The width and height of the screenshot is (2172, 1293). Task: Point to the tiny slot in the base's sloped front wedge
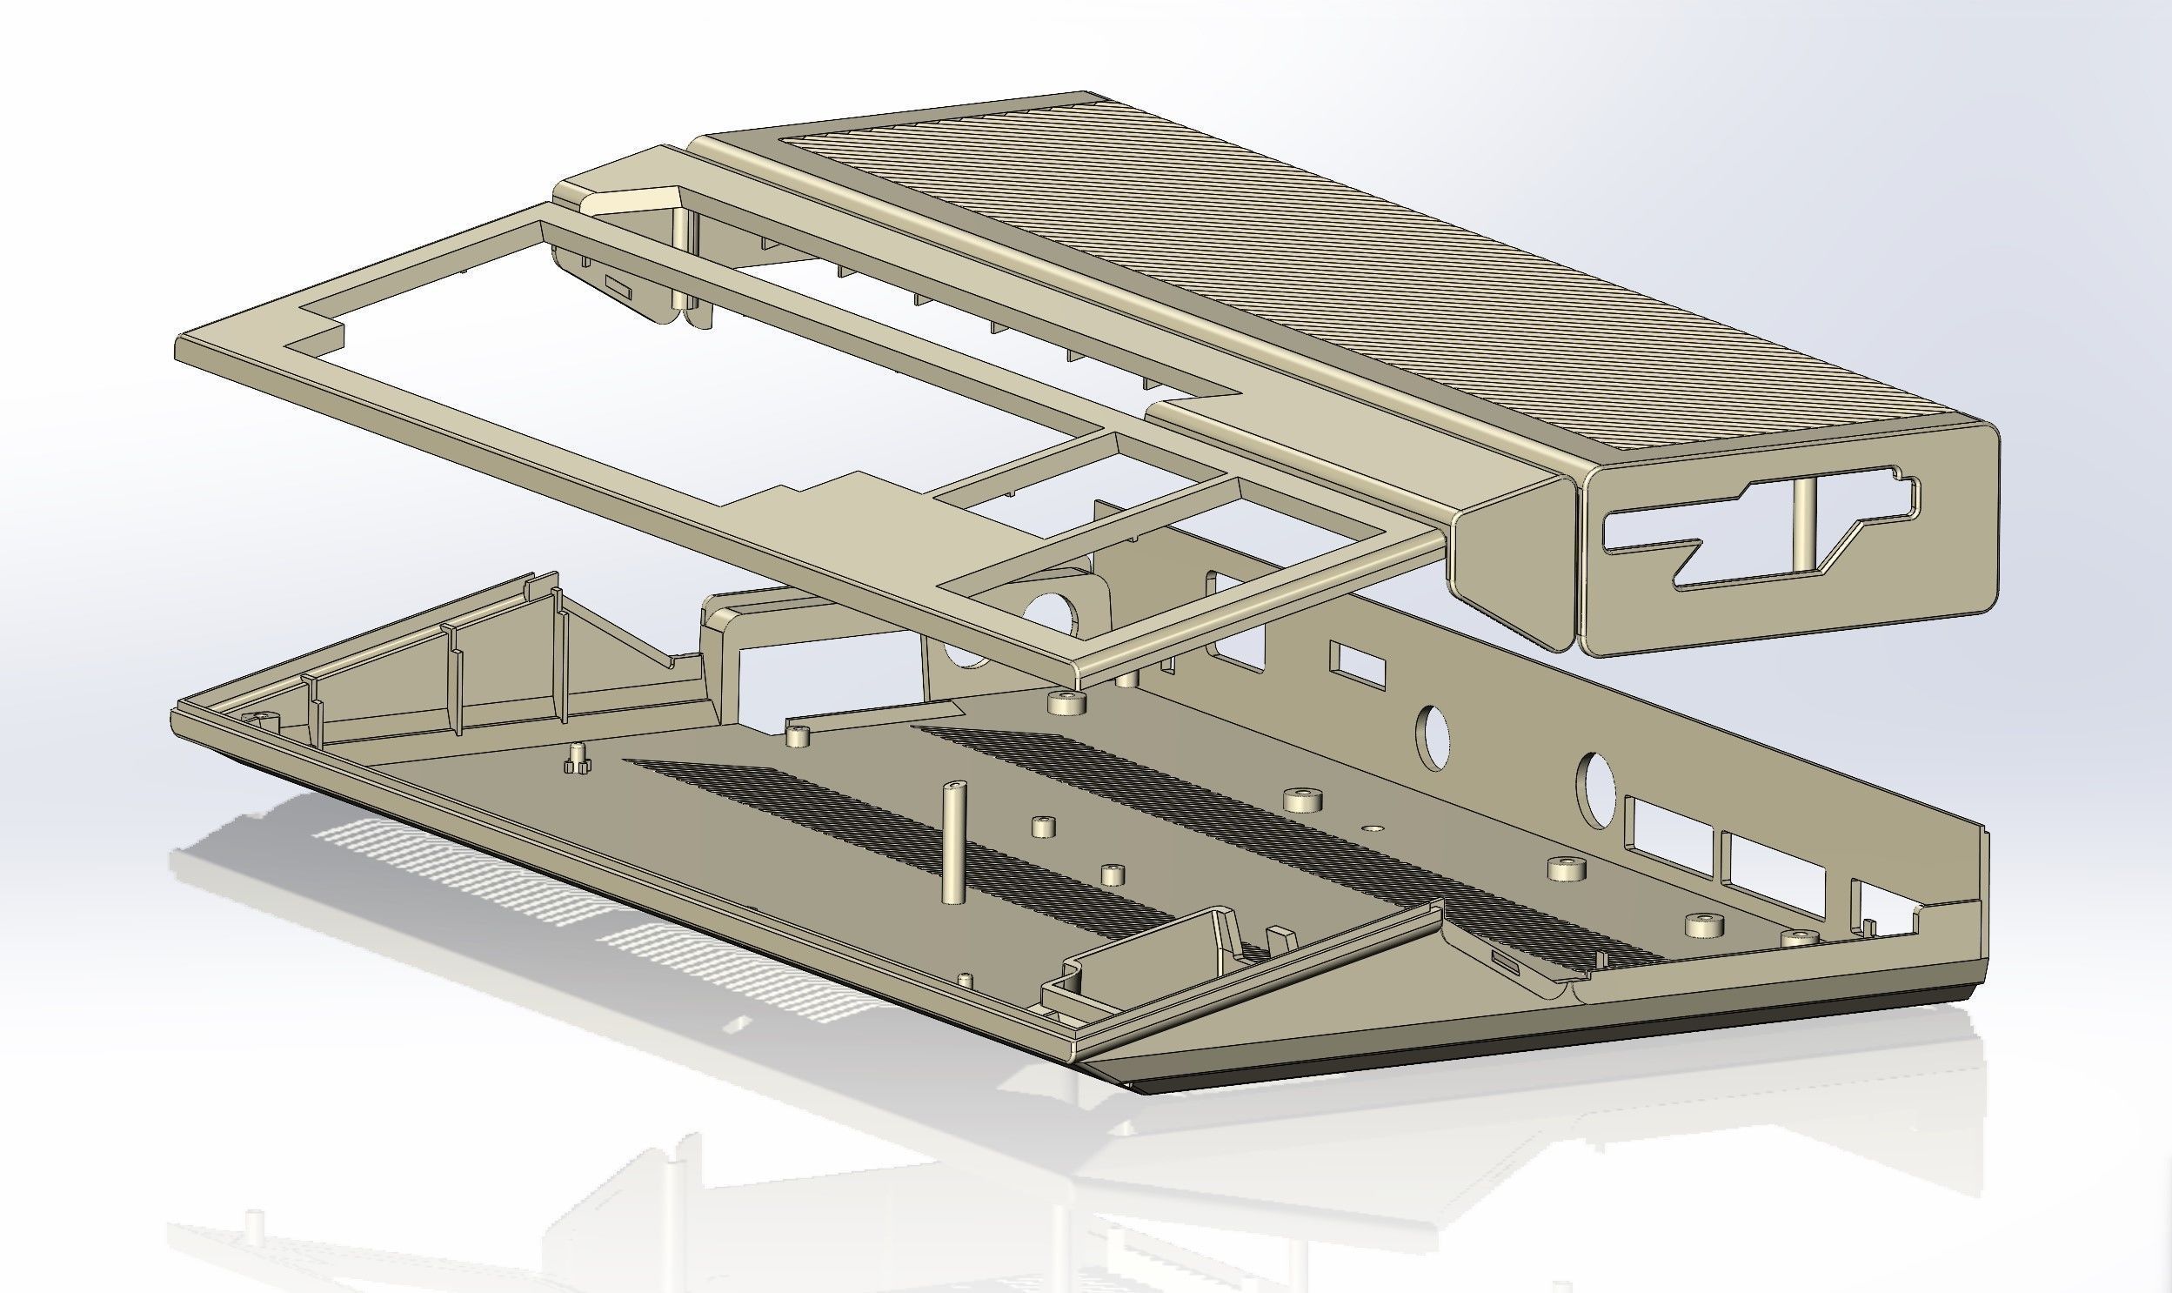[x=1505, y=960]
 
